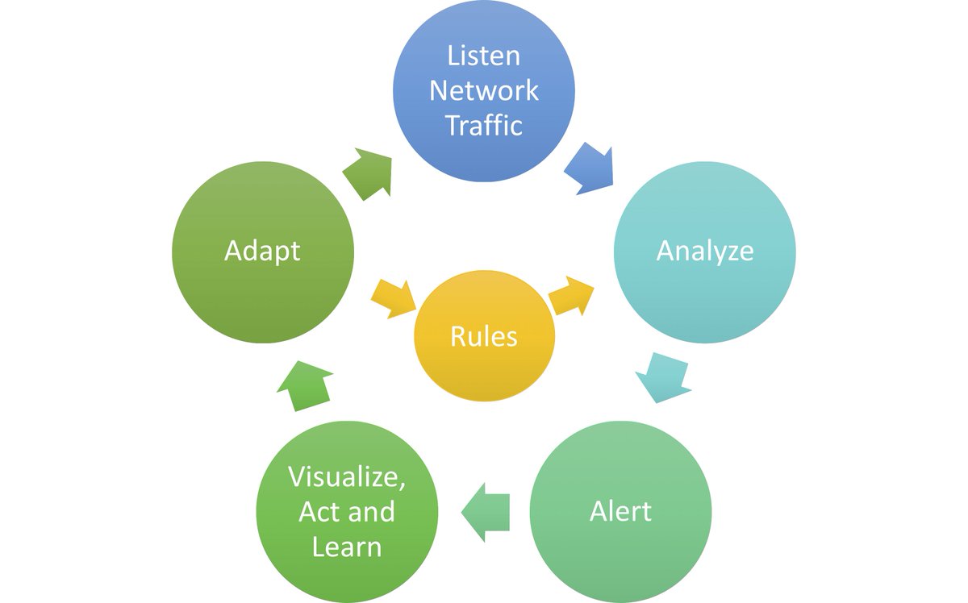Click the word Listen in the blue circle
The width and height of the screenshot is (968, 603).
tap(483, 56)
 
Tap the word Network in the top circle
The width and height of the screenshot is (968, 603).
tap(483, 91)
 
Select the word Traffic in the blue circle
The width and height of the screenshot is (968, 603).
tap(483, 125)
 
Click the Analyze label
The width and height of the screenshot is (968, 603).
tap(705, 252)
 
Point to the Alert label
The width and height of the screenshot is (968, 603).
tap(620, 511)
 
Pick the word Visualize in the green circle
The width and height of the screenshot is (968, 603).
tap(347, 477)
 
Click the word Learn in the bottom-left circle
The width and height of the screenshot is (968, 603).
tap(347, 546)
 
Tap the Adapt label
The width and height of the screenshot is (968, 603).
tap(262, 252)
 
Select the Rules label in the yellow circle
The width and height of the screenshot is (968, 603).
tap(483, 336)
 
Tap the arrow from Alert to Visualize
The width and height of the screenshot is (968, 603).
tap(486, 512)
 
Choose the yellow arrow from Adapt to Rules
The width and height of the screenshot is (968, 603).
tap(394, 299)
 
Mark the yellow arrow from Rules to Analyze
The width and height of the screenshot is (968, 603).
tap(571, 296)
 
